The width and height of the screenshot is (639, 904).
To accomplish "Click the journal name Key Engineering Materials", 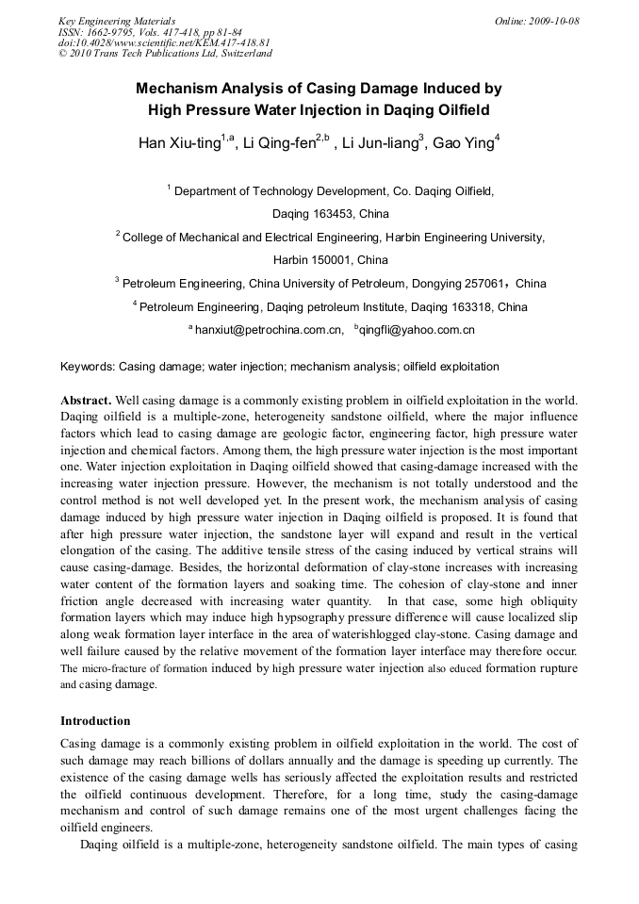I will point(117,21).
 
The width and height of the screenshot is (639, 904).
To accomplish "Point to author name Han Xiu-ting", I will point(179,144).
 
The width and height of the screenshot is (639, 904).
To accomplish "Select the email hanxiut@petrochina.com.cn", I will point(268,331).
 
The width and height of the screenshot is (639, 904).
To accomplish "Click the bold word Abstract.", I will point(86,400).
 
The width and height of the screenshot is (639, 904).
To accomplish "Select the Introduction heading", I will point(95,721).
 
